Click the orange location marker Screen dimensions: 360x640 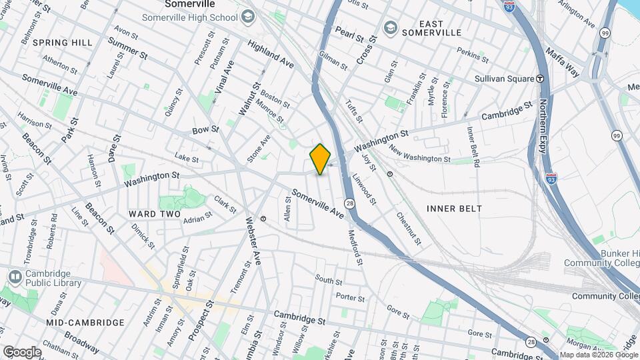coord(320,159)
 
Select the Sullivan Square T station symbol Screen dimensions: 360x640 coord(540,79)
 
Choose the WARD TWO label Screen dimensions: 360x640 coord(155,214)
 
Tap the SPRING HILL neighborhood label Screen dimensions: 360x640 coord(63,43)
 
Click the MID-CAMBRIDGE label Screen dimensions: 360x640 coord(85,323)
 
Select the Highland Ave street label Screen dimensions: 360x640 coord(271,54)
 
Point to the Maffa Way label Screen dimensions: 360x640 coord(563,59)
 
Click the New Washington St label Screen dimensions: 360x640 coord(420,155)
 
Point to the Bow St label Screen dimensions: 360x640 coord(205,129)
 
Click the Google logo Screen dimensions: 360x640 coord(22,351)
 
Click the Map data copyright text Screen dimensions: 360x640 coord(599,355)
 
